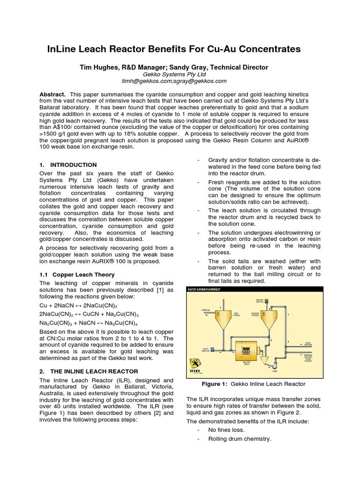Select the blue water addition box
point(212,349)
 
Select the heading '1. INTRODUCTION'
point(68,165)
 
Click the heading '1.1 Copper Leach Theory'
point(77,274)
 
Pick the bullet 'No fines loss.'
point(226,429)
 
